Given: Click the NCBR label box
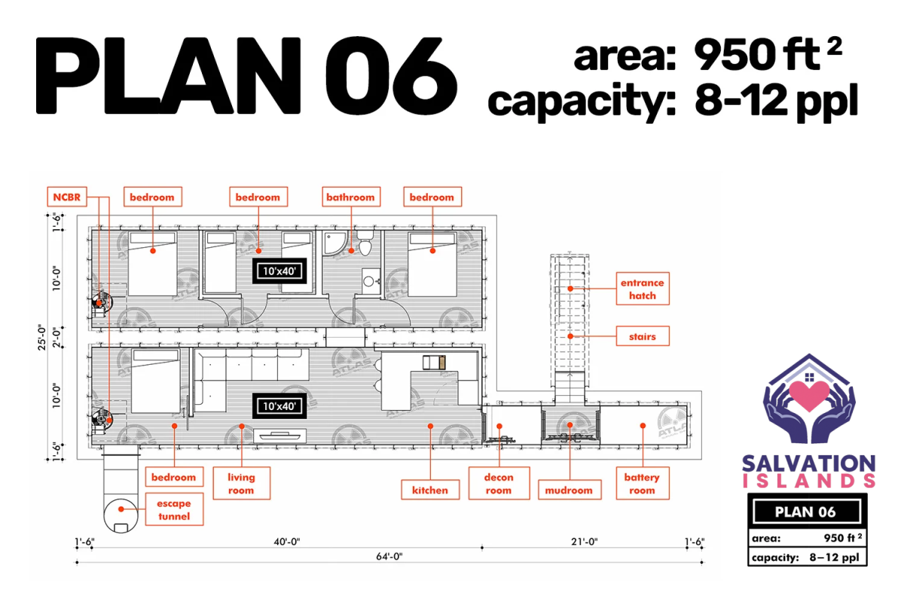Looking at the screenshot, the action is [67, 197].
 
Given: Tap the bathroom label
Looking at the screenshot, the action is [351, 197].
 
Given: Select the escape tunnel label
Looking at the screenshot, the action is [174, 510].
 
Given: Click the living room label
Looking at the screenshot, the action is [241, 483].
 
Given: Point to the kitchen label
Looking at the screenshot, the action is [430, 490].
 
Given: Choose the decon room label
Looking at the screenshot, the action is [499, 483].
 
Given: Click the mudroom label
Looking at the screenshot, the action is [570, 490].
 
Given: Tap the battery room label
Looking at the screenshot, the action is [643, 483].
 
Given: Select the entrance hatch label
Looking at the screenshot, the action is [643, 289].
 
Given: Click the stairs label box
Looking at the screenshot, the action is [643, 336].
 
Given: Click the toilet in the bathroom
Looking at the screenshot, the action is [365, 243].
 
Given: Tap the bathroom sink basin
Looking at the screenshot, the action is [368, 281].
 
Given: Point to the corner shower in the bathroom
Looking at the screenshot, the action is [334, 243].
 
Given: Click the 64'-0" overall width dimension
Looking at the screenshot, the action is [389, 556].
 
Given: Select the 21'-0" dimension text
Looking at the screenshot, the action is [584, 542].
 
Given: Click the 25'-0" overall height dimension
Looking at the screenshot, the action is [42, 337].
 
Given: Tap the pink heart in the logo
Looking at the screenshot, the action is [809, 396].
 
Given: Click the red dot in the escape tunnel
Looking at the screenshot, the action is [121, 510].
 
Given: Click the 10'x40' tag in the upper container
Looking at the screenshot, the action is [279, 271].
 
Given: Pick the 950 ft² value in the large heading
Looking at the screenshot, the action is [768, 54].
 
